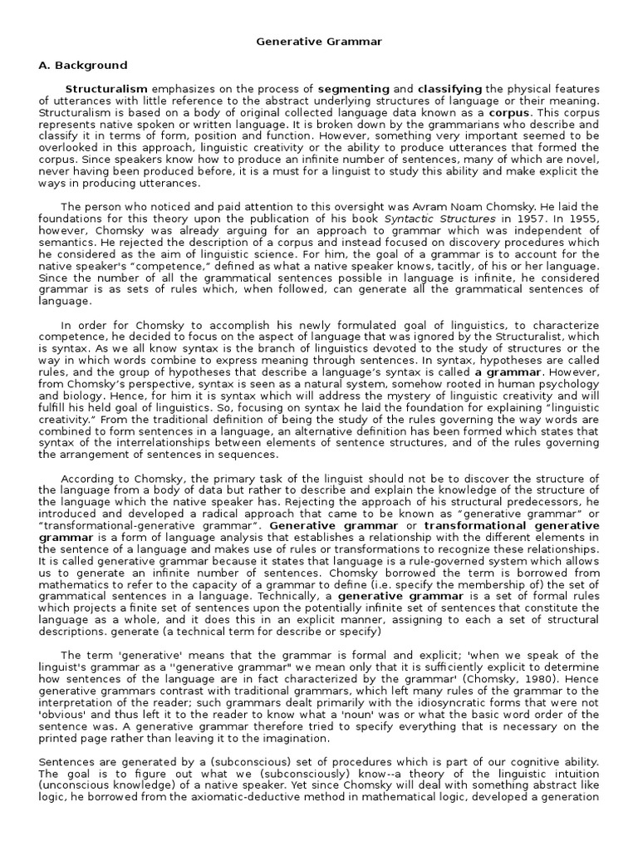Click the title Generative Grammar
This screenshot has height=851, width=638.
point(319,40)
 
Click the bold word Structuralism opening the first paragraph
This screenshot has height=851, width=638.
point(106,89)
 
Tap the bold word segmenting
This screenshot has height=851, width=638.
point(354,89)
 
